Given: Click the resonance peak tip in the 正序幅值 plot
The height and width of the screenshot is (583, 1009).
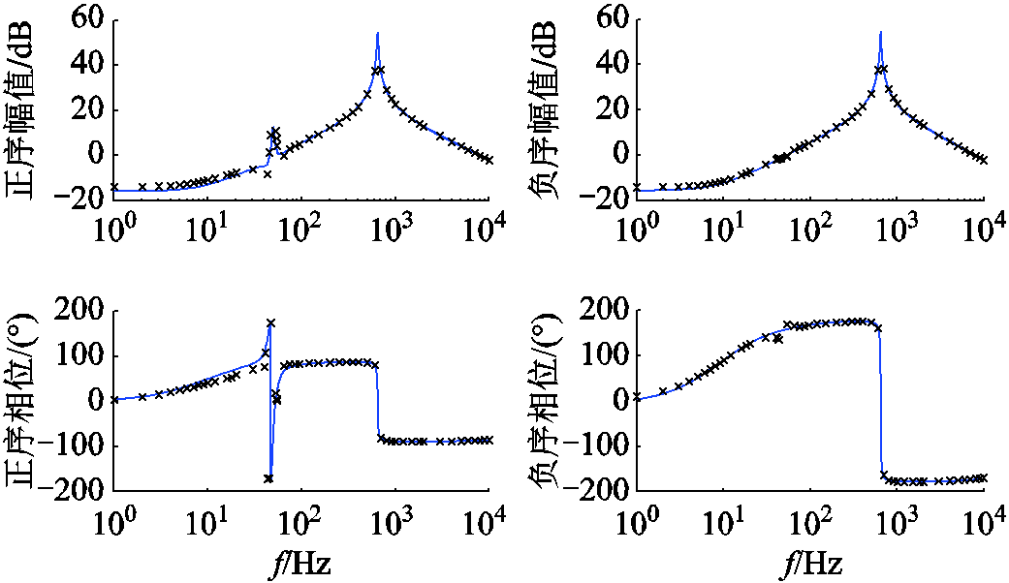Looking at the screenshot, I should pyautogui.click(x=377, y=33).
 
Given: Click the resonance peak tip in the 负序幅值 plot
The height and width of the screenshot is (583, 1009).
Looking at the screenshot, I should pyautogui.click(x=880, y=33).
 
